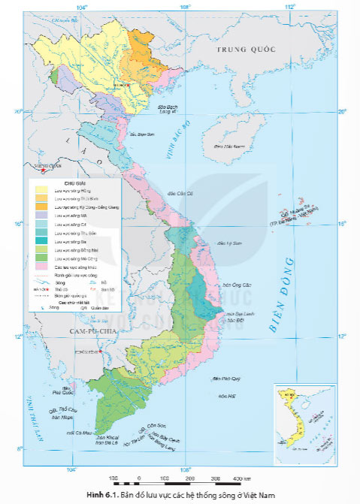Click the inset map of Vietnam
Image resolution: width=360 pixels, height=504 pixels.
(294, 418)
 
